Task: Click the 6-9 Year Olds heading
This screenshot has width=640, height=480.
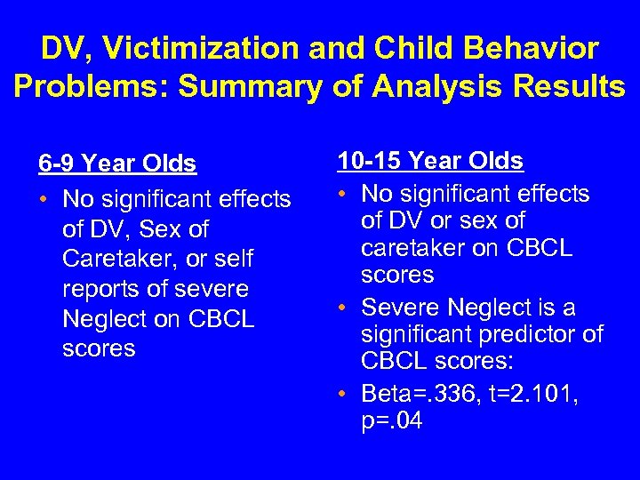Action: click(116, 164)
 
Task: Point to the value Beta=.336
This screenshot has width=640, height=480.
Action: click(423, 392)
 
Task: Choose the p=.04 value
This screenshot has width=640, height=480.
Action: click(392, 420)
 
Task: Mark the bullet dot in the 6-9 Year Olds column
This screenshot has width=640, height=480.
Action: click(44, 199)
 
